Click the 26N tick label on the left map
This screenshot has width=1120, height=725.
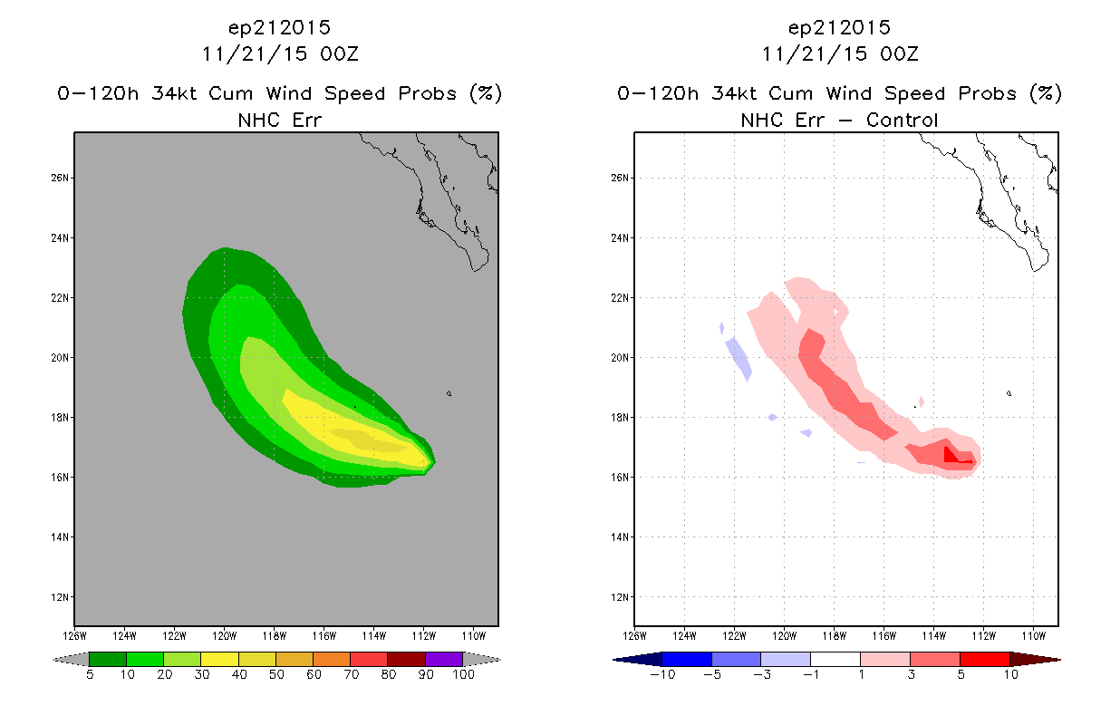coord(60,178)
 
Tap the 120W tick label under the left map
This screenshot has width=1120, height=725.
coord(224,636)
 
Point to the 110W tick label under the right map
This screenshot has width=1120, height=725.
coord(1034,636)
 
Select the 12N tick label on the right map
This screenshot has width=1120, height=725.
coord(620,597)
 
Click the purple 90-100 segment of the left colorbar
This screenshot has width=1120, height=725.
coord(444,659)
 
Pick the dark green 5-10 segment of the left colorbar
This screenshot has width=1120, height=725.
coord(108,659)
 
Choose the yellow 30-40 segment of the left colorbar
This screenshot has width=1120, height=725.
coord(219,659)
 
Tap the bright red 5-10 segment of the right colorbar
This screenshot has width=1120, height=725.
coord(985,659)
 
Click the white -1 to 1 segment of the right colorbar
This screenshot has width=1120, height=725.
coord(835,659)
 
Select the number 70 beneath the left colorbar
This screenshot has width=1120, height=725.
coord(351,674)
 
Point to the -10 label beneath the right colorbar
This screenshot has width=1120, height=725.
coord(662,674)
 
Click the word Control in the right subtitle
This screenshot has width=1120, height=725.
coord(902,120)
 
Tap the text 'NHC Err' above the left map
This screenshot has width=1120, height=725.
coord(279,120)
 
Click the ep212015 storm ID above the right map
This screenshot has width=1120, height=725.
coord(839,27)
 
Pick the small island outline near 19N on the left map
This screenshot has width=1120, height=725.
coord(449,393)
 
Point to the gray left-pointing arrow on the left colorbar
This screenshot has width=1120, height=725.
coord(71,659)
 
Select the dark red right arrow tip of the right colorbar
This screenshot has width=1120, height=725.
coord(1035,659)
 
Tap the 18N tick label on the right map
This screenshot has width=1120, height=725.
coord(620,418)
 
